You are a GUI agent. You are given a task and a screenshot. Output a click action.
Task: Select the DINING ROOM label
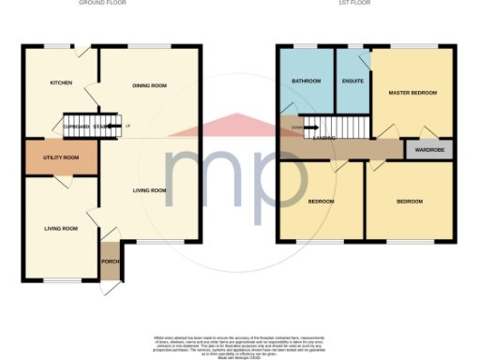pyautogui.click(x=150, y=85)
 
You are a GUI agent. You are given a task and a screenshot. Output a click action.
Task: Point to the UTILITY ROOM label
pyautogui.click(x=61, y=157)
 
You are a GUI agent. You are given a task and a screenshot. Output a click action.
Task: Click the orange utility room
pyautogui.click(x=61, y=164)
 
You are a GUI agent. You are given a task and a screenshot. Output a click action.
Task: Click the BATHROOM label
pyautogui.click(x=306, y=82)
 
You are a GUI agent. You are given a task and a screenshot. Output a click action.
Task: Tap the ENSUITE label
pyautogui.click(x=353, y=82)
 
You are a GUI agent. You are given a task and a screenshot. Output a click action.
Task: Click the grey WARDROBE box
pyautogui.click(x=427, y=149)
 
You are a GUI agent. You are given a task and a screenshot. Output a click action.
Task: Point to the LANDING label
pyautogui.click(x=325, y=137)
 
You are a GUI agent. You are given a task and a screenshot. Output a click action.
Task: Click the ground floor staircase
pyautogui.click(x=91, y=123)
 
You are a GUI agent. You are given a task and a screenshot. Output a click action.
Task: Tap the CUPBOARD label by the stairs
pyautogui.click(x=76, y=127)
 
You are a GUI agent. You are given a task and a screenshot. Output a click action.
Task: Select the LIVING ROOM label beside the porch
pyautogui.click(x=149, y=190)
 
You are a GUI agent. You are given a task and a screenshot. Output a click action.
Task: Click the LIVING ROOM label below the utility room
pyautogui.click(x=59, y=228)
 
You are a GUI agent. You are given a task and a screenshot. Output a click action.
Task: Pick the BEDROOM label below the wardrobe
pyautogui.click(x=409, y=202)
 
